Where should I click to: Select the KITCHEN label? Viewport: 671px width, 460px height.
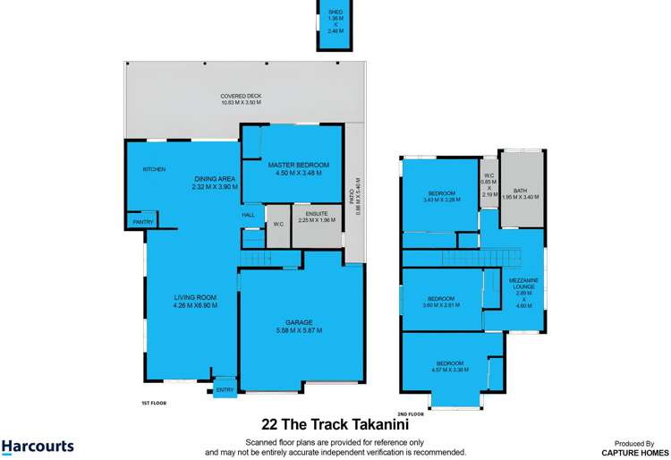(154, 169)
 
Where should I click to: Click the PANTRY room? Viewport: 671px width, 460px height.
(142, 221)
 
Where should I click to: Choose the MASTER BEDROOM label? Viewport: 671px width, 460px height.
(299, 165)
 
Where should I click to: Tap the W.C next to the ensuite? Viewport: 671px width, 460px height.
(277, 224)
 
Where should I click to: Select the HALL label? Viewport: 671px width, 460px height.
(249, 215)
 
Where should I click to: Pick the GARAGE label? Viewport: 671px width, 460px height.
(299, 322)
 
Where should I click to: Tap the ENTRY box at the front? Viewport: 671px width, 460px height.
(225, 389)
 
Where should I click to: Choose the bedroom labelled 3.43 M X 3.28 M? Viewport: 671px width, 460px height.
(442, 196)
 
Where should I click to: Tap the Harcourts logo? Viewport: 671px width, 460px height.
(38, 446)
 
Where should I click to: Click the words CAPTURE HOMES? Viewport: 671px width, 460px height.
(639, 451)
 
